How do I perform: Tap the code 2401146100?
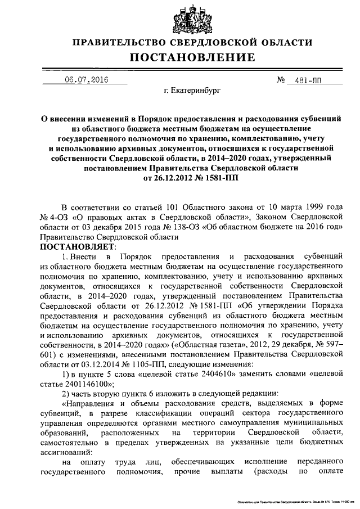point(89,384)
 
